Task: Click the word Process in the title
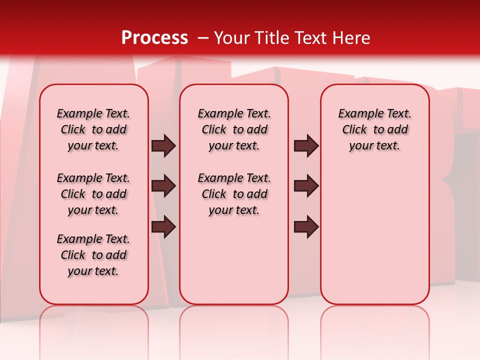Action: pyautogui.click(x=154, y=38)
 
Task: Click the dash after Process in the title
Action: pyautogui.click(x=202, y=38)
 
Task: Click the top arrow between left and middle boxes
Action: pyautogui.click(x=163, y=146)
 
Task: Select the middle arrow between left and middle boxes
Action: pyautogui.click(x=163, y=186)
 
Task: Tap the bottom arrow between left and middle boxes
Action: pyautogui.click(x=163, y=227)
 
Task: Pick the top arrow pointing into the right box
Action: pyautogui.click(x=306, y=146)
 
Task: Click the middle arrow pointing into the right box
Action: pyautogui.click(x=306, y=186)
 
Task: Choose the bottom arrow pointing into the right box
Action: pyautogui.click(x=306, y=227)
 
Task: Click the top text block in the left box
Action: pyautogui.click(x=93, y=129)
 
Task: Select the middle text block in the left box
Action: pyautogui.click(x=93, y=194)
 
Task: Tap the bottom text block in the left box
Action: pyautogui.click(x=93, y=255)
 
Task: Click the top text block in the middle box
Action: pyautogui.click(x=234, y=129)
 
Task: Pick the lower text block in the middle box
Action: pyautogui.click(x=234, y=194)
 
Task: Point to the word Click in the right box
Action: pyautogui.click(x=354, y=130)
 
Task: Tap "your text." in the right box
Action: pyautogui.click(x=374, y=146)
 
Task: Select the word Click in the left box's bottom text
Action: pyautogui.click(x=73, y=255)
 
